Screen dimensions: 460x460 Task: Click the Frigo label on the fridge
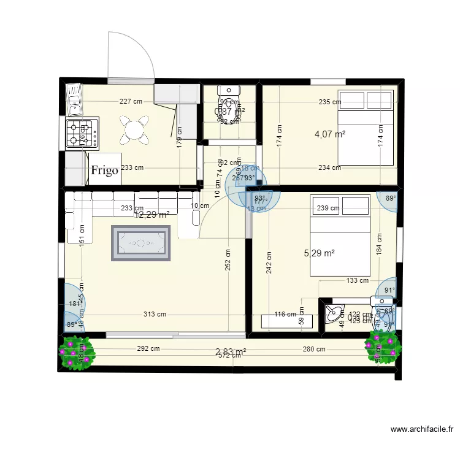(105, 170)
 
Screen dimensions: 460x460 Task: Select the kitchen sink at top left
(74, 99)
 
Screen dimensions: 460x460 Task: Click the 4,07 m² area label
(330, 134)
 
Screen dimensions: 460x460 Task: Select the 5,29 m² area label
(320, 252)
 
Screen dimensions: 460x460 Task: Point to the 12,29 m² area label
(152, 215)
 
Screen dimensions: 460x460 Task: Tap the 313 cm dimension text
(155, 315)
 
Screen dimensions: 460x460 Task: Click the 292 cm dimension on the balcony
(148, 349)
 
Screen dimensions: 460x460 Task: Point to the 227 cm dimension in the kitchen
(131, 102)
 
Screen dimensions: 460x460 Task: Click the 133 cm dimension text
(357, 281)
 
